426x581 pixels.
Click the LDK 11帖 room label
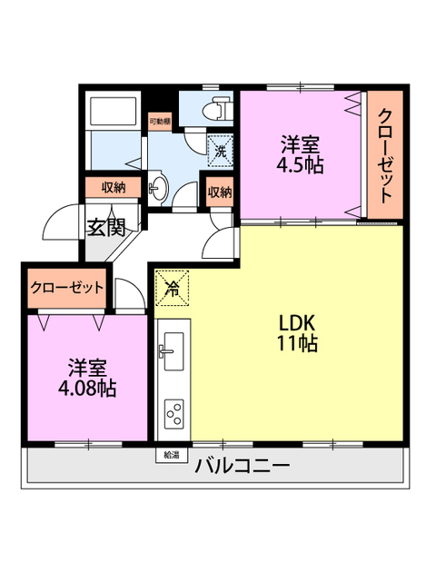297,333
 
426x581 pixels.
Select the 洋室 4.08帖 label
88,379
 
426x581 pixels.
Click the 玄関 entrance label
105,227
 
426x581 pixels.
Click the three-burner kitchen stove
172,414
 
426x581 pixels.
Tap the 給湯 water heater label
172,453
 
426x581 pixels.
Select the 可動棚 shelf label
158,120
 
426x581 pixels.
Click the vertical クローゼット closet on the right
385,155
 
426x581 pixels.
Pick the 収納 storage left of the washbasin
114,188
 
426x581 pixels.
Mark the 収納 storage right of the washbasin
219,192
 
